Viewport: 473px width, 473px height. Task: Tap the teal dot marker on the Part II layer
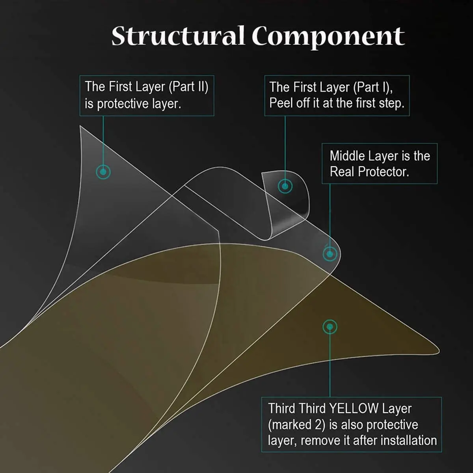click(x=103, y=171)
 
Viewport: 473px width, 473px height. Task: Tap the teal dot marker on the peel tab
click(x=285, y=186)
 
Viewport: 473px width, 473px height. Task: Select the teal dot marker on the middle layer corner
click(x=330, y=253)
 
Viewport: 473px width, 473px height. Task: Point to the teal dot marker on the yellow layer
click(x=330, y=327)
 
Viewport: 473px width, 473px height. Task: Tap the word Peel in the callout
click(x=281, y=103)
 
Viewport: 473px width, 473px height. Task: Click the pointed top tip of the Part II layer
click(x=81, y=128)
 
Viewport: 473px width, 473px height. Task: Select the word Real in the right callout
click(x=342, y=171)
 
